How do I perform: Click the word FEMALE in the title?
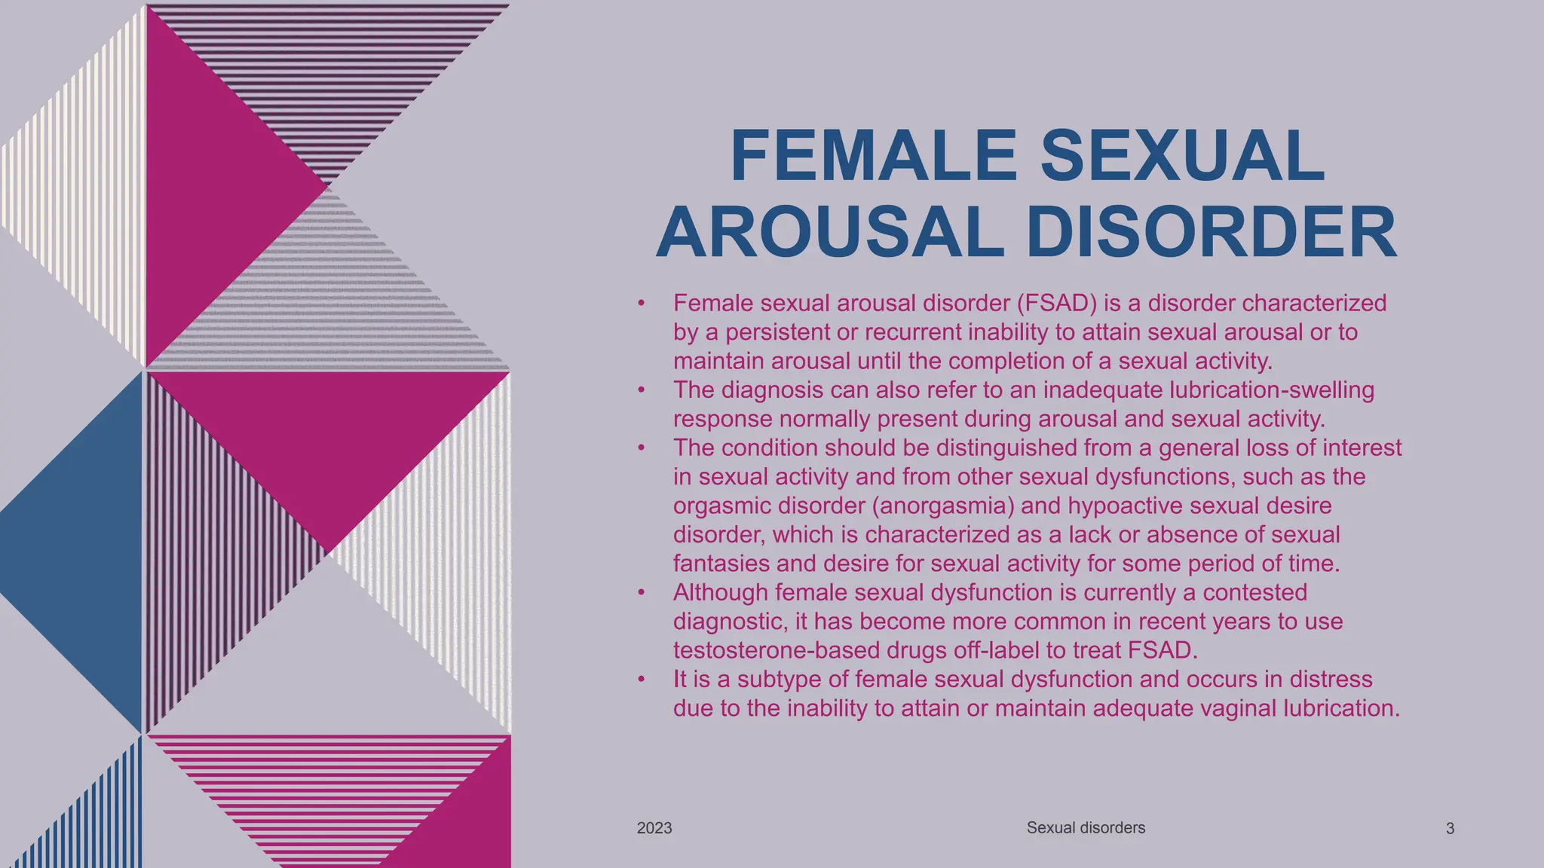tap(874, 156)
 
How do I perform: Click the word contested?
tap(1254, 592)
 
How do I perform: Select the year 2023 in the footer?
tap(654, 828)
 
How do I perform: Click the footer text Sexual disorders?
tap(1086, 828)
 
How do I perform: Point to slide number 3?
tap(1450, 829)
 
